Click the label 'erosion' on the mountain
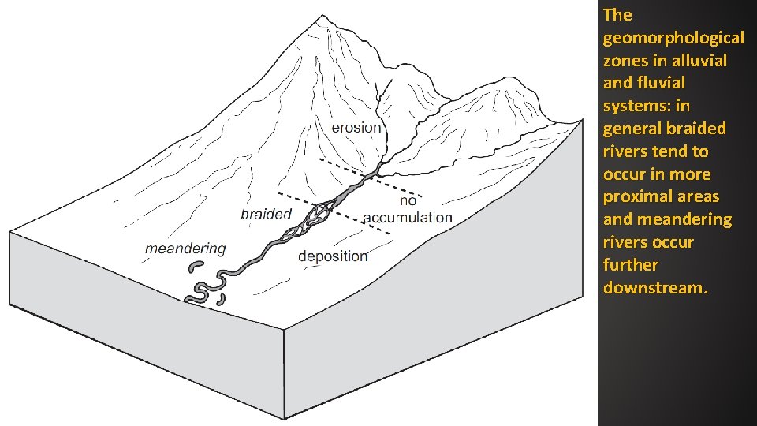[x=356, y=128]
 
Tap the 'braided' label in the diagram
[x=266, y=214]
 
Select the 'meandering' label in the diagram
[x=185, y=248]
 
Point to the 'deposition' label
[x=333, y=256]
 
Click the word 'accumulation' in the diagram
[x=408, y=217]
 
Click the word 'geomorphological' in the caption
[x=673, y=37]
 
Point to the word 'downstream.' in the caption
[x=655, y=288]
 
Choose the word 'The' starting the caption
[x=617, y=15]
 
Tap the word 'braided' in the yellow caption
[x=695, y=128]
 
